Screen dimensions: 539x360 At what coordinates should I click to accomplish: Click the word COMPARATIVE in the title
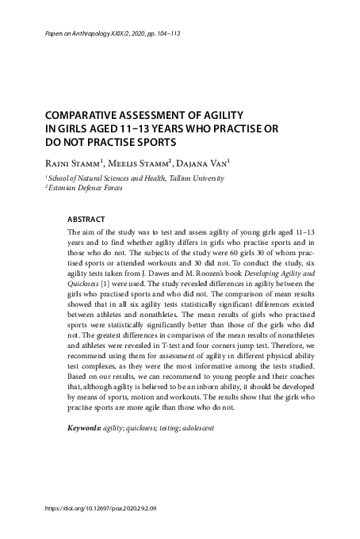[88, 114]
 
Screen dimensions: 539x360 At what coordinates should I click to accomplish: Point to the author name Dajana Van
[205, 162]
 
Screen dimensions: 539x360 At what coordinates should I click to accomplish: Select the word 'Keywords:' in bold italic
[85, 429]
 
